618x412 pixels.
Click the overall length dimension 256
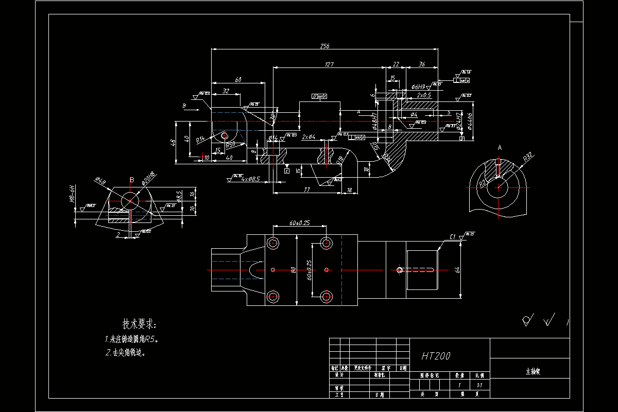[x=324, y=46]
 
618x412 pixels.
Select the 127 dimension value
[x=330, y=64]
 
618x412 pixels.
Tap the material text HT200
[x=436, y=356]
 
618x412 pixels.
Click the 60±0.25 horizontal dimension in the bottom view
[x=299, y=222]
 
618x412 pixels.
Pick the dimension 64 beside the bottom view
[x=457, y=269]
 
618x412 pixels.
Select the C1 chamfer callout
[x=453, y=237]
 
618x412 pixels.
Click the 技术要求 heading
[x=138, y=324]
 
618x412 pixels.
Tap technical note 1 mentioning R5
[x=131, y=339]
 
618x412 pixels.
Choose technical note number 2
[x=126, y=353]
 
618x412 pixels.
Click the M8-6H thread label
[x=73, y=195]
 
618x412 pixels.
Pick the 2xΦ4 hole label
[x=308, y=136]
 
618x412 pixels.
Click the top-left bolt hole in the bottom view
[x=272, y=243]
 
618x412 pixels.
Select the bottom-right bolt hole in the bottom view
[x=326, y=297]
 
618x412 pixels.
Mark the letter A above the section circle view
[x=500, y=148]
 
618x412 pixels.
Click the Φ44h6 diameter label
[x=470, y=122]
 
